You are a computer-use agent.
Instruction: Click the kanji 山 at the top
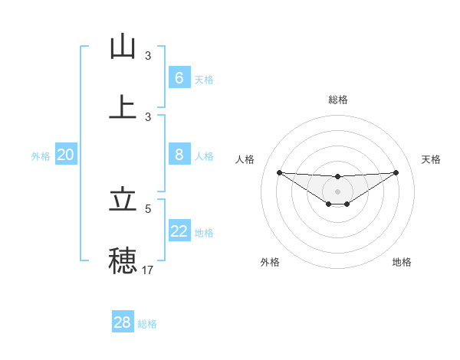tap(123, 47)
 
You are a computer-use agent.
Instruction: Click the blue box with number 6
tap(179, 78)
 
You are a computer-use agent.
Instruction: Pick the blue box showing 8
tap(179, 155)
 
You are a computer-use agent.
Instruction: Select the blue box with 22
tap(179, 231)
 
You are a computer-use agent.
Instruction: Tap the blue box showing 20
tap(65, 155)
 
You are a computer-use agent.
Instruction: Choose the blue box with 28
tap(122, 322)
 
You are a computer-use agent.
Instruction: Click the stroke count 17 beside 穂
tap(148, 270)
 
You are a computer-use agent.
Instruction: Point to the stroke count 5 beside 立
tap(148, 208)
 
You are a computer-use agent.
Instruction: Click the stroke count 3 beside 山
tap(148, 56)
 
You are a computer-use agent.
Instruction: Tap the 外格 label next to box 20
tap(41, 156)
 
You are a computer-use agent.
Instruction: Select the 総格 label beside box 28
tap(147, 324)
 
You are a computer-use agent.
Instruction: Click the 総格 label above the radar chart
tap(337, 100)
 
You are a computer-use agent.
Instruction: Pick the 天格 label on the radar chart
tap(432, 159)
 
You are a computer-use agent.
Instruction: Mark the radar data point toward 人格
tap(279, 172)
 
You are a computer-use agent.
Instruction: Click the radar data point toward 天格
tap(396, 172)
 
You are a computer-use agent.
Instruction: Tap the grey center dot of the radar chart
tap(337, 191)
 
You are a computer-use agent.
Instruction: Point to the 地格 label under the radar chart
tap(402, 262)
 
